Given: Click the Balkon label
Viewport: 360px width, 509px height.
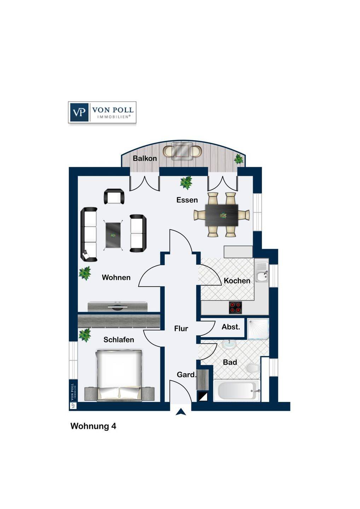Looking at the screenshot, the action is coord(145,158).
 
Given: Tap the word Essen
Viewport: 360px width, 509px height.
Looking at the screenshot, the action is coord(187,200).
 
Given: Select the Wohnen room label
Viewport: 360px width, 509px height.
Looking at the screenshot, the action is coord(116,277).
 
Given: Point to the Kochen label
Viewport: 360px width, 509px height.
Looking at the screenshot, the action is coord(237,281).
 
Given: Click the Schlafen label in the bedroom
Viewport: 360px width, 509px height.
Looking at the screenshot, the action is coord(118,340).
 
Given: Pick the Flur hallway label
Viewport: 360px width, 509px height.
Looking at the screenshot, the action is coord(181,329).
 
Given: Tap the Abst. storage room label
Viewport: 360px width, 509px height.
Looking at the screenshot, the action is coord(231,327).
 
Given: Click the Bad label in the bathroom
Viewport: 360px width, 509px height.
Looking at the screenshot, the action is coord(230,362).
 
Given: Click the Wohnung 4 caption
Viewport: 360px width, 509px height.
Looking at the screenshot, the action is coord(93,426).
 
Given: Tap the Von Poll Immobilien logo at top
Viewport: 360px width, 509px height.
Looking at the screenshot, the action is coord(102,112).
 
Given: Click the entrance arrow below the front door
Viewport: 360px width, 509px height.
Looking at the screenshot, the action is coord(181,412).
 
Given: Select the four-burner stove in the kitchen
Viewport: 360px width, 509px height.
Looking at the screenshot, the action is coord(235,308).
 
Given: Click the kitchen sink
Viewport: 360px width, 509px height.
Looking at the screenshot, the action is coord(262,273).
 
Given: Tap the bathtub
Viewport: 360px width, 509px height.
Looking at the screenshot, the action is coord(237,391).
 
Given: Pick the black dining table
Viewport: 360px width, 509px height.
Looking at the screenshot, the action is coord(222,215).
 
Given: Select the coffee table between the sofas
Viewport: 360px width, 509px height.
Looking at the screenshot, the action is coord(113,235).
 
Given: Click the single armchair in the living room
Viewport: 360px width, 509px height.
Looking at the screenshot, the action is coord(114,197).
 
